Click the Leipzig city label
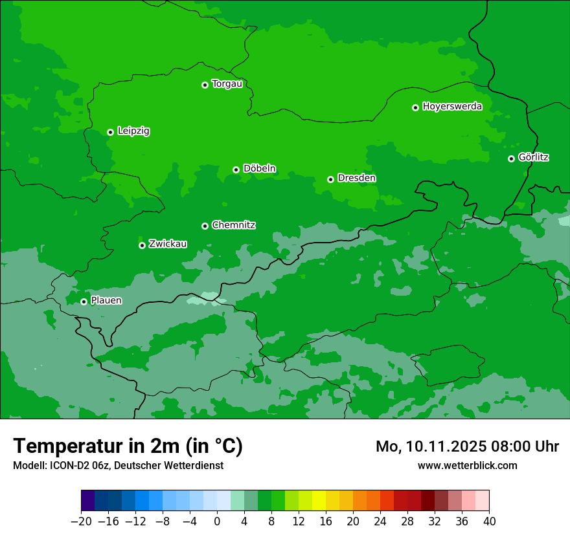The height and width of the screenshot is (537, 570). click(133, 131)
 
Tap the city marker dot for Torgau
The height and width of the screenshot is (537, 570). click(205, 85)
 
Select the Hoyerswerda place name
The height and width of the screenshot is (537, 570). click(452, 107)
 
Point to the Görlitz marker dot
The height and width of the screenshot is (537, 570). click(511, 159)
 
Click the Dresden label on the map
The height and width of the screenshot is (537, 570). click(356, 178)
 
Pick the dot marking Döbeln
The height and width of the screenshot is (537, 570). click(236, 170)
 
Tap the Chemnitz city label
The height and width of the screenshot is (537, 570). click(233, 225)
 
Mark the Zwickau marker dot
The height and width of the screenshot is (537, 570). click(142, 245)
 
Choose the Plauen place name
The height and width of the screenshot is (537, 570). click(106, 300)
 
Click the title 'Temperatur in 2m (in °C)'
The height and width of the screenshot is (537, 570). click(128, 446)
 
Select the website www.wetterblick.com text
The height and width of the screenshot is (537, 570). click(467, 465)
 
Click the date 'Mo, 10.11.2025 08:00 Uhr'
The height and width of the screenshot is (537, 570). click(467, 446)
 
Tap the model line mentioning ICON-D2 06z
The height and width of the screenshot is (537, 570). click(118, 465)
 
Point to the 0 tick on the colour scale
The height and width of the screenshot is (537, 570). click(217, 521)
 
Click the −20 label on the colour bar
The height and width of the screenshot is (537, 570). click(81, 521)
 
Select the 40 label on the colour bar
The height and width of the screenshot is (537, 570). click(489, 521)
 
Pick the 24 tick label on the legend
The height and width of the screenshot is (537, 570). click(380, 521)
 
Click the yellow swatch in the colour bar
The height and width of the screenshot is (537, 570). click(319, 501)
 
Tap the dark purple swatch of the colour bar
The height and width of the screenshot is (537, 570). click(88, 501)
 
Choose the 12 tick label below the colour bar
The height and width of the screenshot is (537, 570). click(299, 521)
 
